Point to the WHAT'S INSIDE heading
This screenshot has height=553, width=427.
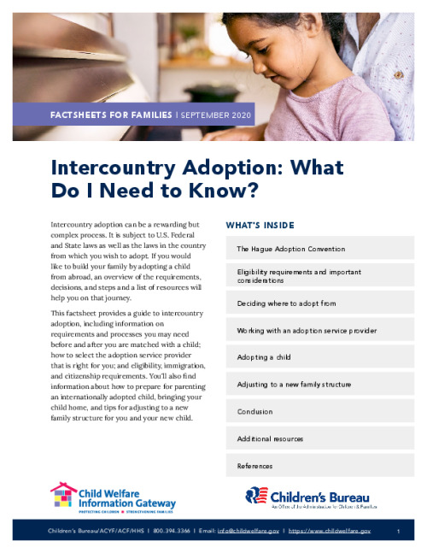(x=260, y=226)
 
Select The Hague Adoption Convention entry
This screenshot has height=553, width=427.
(x=291, y=249)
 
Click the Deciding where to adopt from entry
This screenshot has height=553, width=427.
(x=287, y=303)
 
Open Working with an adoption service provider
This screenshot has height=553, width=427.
(x=307, y=330)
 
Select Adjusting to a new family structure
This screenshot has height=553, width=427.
(x=294, y=385)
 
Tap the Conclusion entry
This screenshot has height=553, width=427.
(x=255, y=411)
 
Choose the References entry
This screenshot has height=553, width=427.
(x=255, y=466)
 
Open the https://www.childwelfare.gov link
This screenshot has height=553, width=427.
(x=330, y=532)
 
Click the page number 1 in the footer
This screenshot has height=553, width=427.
(x=399, y=532)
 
